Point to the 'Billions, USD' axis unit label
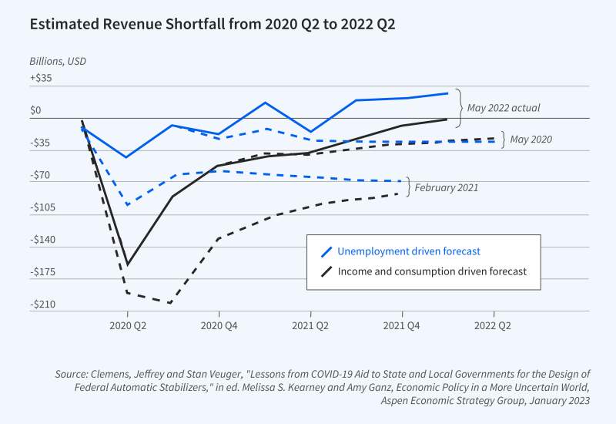[x=59, y=60]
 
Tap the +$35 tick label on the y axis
[x=41, y=78]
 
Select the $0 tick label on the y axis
[x=36, y=110]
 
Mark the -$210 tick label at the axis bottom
[x=43, y=305]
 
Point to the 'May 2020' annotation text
[x=531, y=140]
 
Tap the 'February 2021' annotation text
[x=447, y=187]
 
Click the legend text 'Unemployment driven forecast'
[x=409, y=251]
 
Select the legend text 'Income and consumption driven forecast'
[x=433, y=271]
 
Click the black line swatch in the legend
[x=326, y=271]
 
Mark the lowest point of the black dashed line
[x=169, y=303]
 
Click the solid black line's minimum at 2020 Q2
[x=127, y=264]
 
